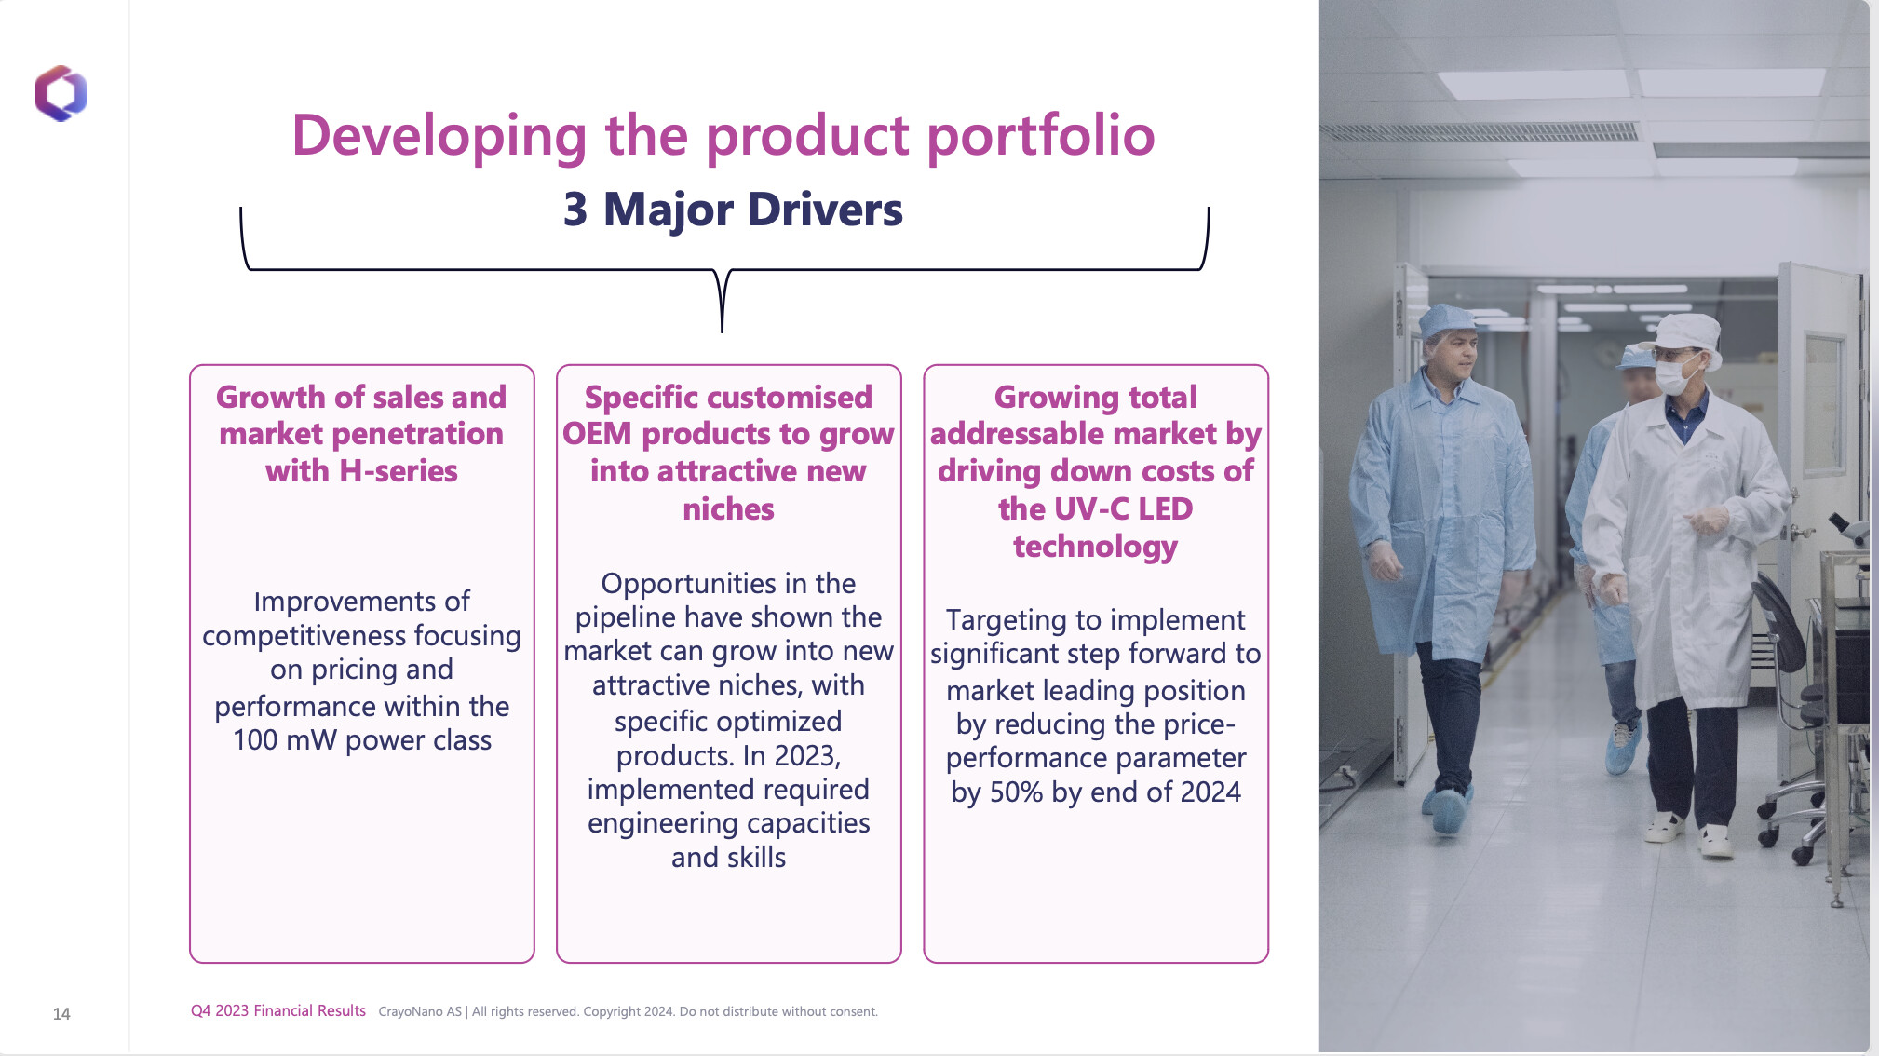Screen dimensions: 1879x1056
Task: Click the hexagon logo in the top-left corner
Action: coord(61,93)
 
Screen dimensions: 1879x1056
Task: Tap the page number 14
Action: coord(61,1014)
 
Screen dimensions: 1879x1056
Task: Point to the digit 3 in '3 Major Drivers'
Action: coord(575,210)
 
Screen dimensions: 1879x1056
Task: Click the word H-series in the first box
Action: coord(399,471)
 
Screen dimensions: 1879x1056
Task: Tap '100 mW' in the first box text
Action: coord(284,740)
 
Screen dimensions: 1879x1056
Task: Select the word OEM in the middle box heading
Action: coord(597,434)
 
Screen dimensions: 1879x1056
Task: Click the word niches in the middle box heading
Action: coord(728,509)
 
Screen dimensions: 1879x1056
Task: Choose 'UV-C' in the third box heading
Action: coord(1091,509)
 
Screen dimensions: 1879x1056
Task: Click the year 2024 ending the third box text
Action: coord(1210,792)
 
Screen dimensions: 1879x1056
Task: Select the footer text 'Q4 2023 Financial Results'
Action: coord(278,1011)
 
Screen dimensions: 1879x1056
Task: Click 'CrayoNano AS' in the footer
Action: coord(420,1012)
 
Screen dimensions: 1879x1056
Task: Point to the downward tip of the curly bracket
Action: coord(722,331)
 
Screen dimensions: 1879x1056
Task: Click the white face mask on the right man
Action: coord(1673,376)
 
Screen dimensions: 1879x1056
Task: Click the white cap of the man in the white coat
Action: coord(1688,332)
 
